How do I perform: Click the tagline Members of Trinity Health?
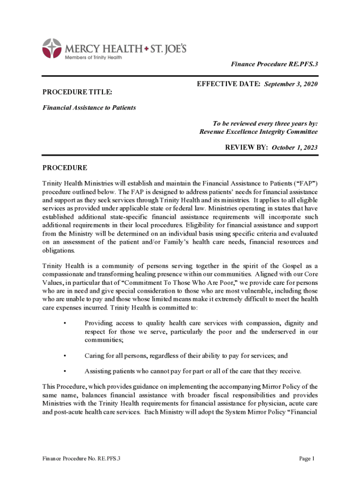pos(93,58)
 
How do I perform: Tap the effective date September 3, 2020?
pos(291,84)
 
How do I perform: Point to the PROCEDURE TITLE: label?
pos(77,93)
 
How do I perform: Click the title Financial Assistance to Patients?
pos(89,108)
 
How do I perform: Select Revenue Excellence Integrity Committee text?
pos(259,132)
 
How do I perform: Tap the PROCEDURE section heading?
pos(65,168)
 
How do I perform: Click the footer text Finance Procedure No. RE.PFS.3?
pos(81,459)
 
